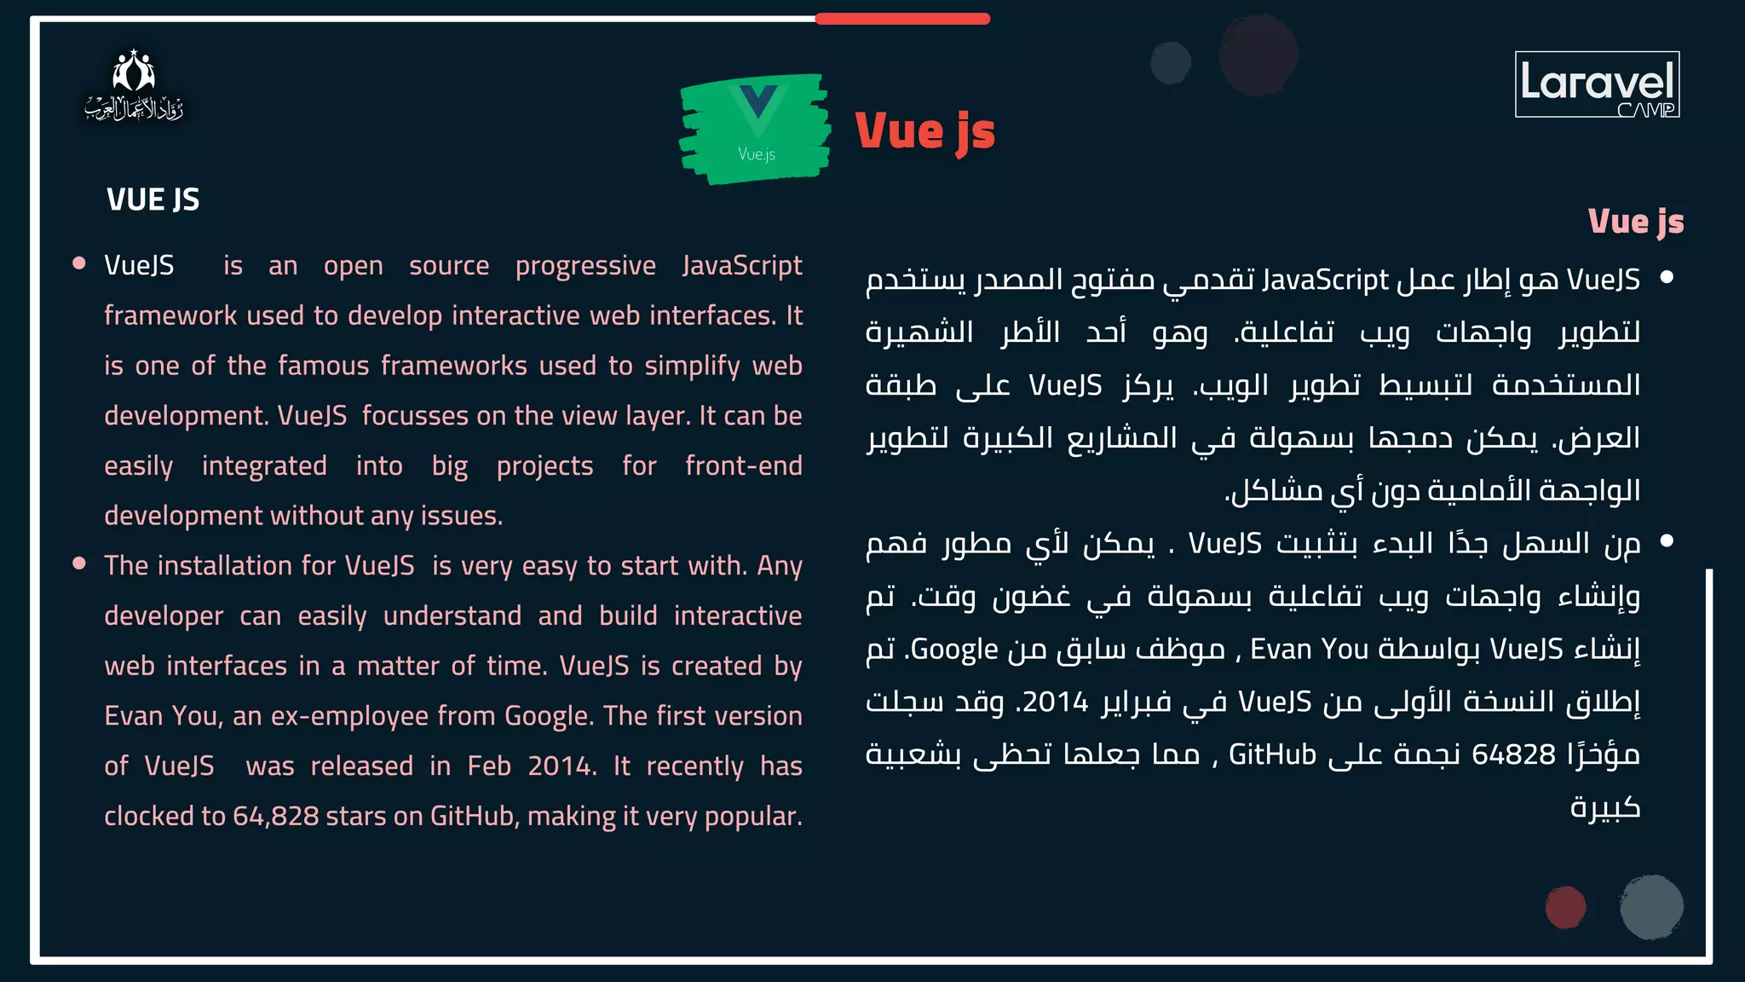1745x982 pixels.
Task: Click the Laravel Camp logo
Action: click(1597, 84)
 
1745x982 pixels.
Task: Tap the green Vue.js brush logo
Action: click(756, 128)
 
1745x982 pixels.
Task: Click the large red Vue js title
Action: click(925, 132)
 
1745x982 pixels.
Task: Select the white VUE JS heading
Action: click(153, 200)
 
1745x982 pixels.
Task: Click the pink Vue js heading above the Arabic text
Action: click(1636, 222)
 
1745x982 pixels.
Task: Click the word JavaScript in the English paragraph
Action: click(742, 266)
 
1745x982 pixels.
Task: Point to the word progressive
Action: click(585, 266)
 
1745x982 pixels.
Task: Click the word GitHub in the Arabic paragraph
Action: click(1272, 754)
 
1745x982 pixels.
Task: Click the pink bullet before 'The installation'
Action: click(79, 563)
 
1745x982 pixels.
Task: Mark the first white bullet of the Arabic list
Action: click(1667, 277)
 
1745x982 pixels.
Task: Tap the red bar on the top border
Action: click(902, 19)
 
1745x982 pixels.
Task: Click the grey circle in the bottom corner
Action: click(1651, 907)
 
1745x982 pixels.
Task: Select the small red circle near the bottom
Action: click(1565, 907)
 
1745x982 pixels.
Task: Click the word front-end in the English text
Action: click(743, 466)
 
